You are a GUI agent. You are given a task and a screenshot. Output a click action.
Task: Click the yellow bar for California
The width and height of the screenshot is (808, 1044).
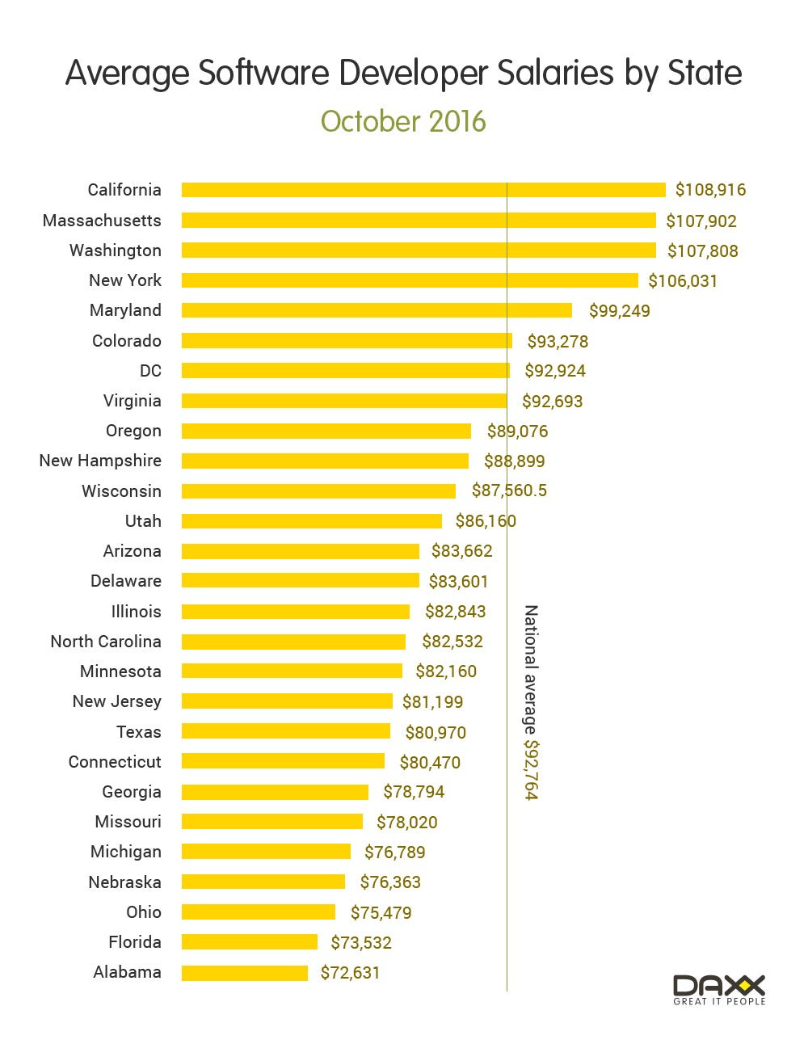tap(423, 190)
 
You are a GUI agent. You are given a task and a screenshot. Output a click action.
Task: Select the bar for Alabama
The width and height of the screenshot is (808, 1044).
tap(245, 973)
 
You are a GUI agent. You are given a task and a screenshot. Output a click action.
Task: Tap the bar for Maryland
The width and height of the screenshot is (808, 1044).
tap(377, 310)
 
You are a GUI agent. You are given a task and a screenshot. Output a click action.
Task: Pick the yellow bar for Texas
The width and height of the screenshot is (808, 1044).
tap(286, 732)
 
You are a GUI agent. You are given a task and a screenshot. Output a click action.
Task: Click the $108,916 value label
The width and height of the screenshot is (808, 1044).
tap(710, 190)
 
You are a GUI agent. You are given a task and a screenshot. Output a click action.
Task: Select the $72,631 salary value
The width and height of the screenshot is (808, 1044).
tap(350, 973)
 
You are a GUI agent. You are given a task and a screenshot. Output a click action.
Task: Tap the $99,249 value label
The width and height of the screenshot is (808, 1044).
tap(619, 311)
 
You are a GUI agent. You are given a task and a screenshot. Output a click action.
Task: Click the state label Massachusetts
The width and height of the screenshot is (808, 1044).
tap(102, 221)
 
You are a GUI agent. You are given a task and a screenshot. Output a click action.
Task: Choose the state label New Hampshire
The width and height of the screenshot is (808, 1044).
tap(100, 461)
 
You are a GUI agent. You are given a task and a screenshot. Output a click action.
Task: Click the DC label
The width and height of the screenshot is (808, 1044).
tap(150, 371)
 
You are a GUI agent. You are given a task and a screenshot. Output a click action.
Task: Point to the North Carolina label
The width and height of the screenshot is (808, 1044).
tap(106, 642)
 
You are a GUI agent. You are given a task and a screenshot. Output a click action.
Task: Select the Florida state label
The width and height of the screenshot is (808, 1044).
tap(135, 942)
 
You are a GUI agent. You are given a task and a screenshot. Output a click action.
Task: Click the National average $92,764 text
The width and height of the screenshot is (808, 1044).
tap(531, 702)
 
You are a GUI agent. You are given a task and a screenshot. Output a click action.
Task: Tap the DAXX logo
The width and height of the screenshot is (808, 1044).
tap(719, 985)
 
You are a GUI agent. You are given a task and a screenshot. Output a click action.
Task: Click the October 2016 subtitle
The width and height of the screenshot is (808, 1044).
tap(403, 121)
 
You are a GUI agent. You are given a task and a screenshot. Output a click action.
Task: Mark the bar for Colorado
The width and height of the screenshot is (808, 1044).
tap(347, 341)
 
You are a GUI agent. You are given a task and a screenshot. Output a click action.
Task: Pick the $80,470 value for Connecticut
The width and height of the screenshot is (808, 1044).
tap(430, 763)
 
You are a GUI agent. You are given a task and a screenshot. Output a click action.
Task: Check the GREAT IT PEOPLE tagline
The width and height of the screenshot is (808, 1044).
tap(719, 1002)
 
